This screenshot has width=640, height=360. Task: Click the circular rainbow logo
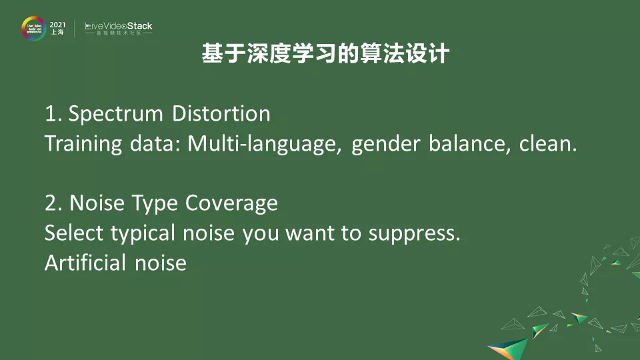[x=33, y=28]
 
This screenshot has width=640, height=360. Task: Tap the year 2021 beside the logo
[x=57, y=25]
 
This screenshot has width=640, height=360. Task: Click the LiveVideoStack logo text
[x=119, y=26]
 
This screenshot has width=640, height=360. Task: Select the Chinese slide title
[x=325, y=53]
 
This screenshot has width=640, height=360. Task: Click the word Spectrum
[x=115, y=114]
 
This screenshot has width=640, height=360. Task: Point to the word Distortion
[x=221, y=113]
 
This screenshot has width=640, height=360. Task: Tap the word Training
[x=83, y=144]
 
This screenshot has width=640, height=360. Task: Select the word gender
[x=386, y=145]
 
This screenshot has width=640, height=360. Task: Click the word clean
[x=548, y=144]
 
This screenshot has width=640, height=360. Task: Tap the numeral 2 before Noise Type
[x=51, y=203]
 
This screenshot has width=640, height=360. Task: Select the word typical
[x=143, y=234]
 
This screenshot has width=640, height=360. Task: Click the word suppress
[x=414, y=234]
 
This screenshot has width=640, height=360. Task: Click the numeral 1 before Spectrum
[x=50, y=114]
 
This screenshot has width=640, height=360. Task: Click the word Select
[x=74, y=233]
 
